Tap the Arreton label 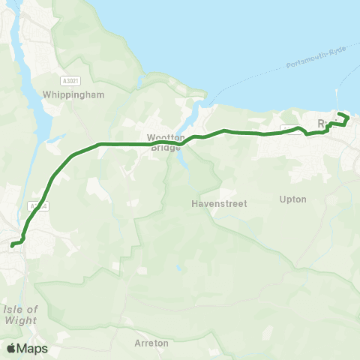click(151, 343)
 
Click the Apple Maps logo click(27, 348)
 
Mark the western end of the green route click(12, 244)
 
